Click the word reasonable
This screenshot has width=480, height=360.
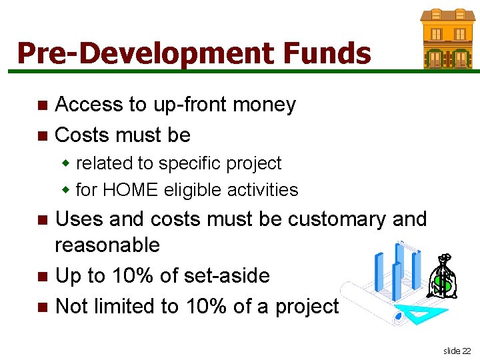coord(107,245)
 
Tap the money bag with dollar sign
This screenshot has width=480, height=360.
coord(441,278)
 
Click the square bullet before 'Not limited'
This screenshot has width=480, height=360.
coord(43,307)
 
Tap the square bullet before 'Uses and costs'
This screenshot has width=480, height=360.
coord(43,220)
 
